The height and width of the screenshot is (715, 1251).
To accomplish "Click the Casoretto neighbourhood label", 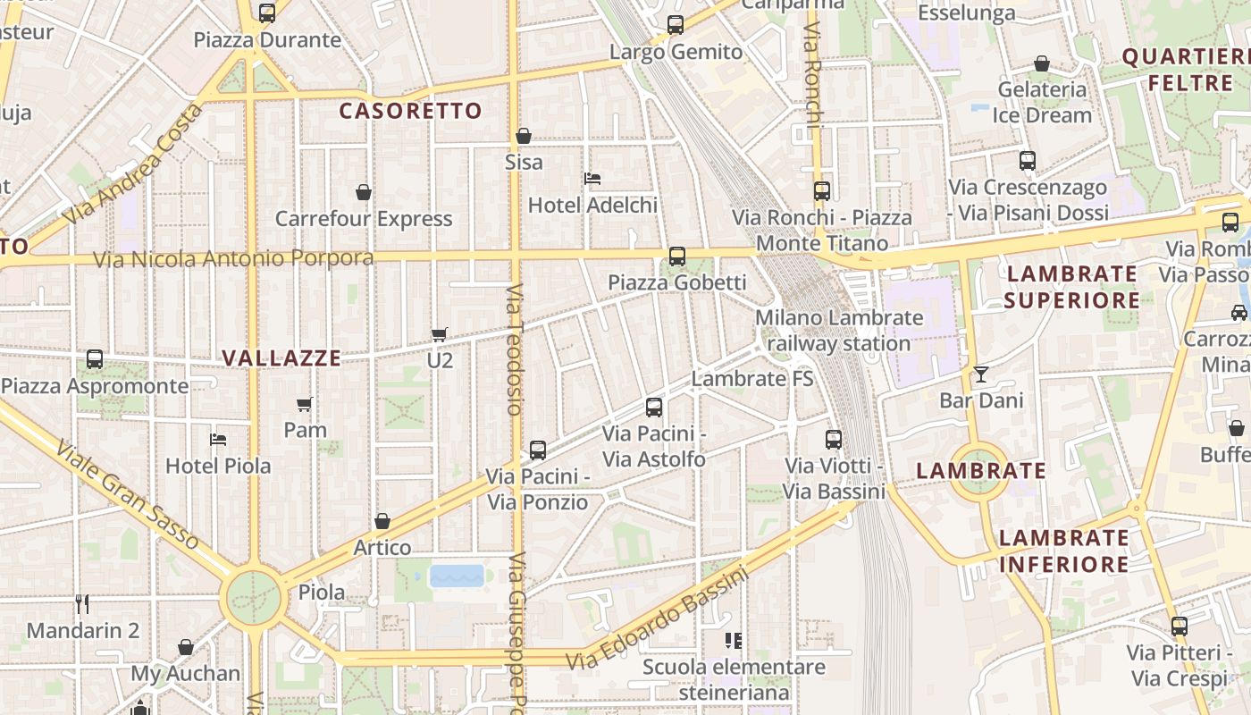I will tap(411, 111).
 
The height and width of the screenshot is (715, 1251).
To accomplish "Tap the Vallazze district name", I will tap(281, 358).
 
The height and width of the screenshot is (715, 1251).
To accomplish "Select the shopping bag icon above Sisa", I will tap(524, 136).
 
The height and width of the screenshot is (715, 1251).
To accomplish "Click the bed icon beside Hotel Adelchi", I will tap(592, 179).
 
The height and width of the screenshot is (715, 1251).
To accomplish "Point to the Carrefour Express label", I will tap(364, 219).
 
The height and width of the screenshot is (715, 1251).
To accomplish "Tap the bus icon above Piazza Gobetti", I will tap(677, 257).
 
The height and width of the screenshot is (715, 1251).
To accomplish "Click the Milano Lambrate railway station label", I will tap(838, 331).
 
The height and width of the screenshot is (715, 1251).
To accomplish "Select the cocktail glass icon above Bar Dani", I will tap(981, 374).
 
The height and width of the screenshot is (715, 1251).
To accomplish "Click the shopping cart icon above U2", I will tap(439, 334).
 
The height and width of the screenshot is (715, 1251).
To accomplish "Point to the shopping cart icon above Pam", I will tap(305, 404).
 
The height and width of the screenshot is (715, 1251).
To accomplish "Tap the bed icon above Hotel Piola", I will tap(217, 440).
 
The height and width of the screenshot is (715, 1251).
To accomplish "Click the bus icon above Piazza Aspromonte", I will tap(95, 359).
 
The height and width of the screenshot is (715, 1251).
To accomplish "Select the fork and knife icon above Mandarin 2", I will tap(82, 604).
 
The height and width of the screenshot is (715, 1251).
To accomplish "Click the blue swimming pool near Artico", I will tap(457, 576).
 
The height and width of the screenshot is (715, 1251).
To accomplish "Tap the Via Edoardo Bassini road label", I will tap(659, 618).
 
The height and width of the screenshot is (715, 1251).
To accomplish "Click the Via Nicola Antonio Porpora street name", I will tap(234, 259).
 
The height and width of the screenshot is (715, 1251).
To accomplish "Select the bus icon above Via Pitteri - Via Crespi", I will tap(1180, 627).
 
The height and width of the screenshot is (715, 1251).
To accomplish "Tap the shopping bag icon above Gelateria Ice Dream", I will tap(1041, 64).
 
